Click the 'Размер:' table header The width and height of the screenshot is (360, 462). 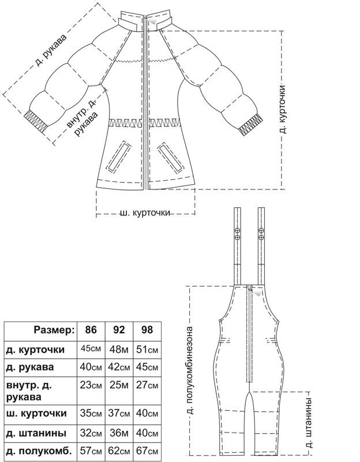click(x=54, y=331)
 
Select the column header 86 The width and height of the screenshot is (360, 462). click(x=91, y=331)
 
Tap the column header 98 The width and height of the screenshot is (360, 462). click(x=147, y=331)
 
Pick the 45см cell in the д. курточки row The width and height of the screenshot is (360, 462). click(x=91, y=349)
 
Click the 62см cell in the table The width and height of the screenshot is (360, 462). click(x=119, y=451)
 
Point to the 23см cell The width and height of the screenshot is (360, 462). click(x=91, y=386)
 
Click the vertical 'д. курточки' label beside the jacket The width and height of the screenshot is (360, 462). click(x=283, y=110)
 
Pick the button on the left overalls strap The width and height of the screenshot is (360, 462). click(x=237, y=233)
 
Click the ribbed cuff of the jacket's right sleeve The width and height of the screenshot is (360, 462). click(x=249, y=125)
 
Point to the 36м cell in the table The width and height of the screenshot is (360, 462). click(x=119, y=432)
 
